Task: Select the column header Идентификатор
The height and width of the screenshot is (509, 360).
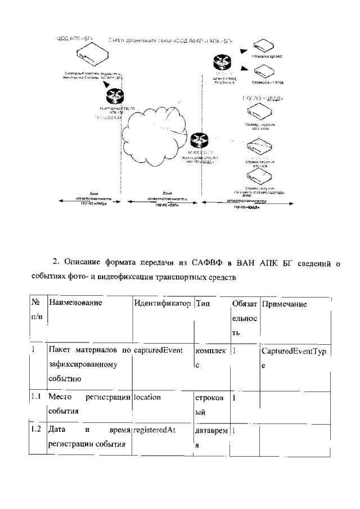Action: (163, 304)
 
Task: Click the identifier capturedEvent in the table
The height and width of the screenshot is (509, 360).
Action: (158, 350)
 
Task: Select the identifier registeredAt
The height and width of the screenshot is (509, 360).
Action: (155, 430)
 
